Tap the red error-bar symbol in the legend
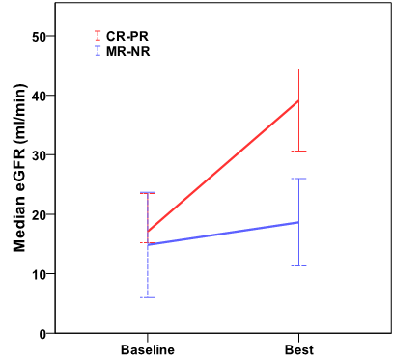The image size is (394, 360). (x=97, y=35)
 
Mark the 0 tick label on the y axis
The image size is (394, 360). (x=42, y=334)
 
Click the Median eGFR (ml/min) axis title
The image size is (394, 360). (x=18, y=183)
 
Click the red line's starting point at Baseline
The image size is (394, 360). (x=147, y=232)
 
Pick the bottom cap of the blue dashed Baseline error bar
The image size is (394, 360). (x=147, y=297)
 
